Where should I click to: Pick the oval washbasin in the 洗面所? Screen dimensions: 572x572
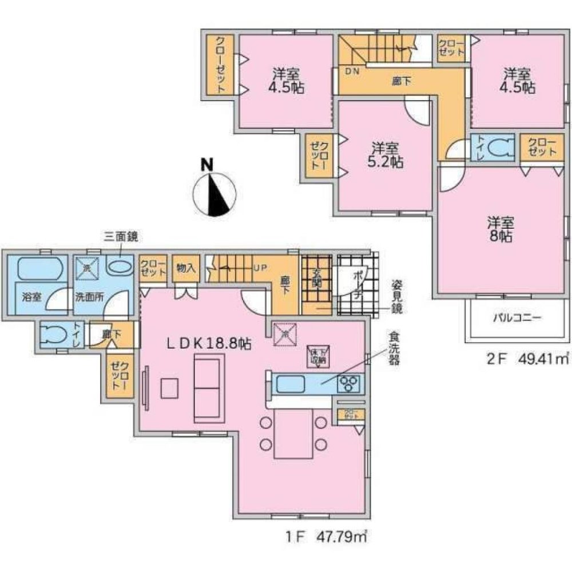(119, 267)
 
